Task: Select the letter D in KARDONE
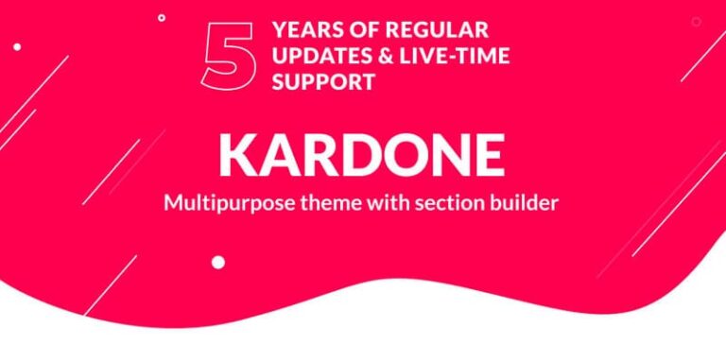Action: click(x=356, y=155)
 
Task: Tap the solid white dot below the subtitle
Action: click(x=218, y=262)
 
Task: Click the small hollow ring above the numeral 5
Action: click(x=162, y=17)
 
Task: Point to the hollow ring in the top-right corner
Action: click(x=696, y=21)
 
